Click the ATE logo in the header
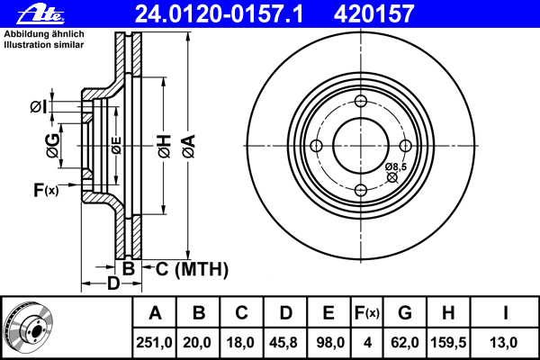41,14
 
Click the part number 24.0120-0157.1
219,14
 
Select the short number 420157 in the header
373,14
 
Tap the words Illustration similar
44,45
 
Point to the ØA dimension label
189,146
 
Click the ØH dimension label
165,146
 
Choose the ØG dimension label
53,146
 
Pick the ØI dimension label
38,107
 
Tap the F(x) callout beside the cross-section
46,190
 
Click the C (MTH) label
192,269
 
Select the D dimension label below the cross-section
113,283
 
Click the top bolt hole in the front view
361,102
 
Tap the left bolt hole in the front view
316,146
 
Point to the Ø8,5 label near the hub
396,166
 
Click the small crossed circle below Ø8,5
391,177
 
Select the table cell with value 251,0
154,343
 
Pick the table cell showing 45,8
285,343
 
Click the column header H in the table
448,313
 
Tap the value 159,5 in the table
448,343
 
